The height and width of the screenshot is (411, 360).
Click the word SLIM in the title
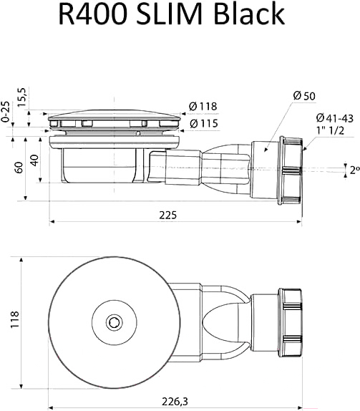(x=170, y=14)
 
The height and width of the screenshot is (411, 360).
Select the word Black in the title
(x=249, y=14)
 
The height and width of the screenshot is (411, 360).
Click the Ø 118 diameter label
(x=203, y=106)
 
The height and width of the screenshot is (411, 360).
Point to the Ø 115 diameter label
(x=203, y=123)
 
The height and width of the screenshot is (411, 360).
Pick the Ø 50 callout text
(x=304, y=96)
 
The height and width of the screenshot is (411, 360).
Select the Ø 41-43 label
(x=334, y=118)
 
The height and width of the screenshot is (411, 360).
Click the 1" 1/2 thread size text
(x=330, y=130)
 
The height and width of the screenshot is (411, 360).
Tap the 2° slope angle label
(x=354, y=170)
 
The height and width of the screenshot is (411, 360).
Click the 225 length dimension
(x=168, y=216)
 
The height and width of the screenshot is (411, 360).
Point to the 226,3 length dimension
(x=175, y=401)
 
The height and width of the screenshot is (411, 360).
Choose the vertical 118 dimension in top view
(x=14, y=319)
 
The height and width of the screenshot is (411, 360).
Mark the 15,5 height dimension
(x=21, y=97)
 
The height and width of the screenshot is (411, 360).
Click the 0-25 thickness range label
(x=5, y=112)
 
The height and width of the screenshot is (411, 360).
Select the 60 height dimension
(x=19, y=168)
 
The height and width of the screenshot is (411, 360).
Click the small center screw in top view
(x=114, y=322)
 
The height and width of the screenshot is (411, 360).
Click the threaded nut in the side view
(x=291, y=170)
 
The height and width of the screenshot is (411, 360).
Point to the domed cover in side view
(x=114, y=115)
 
